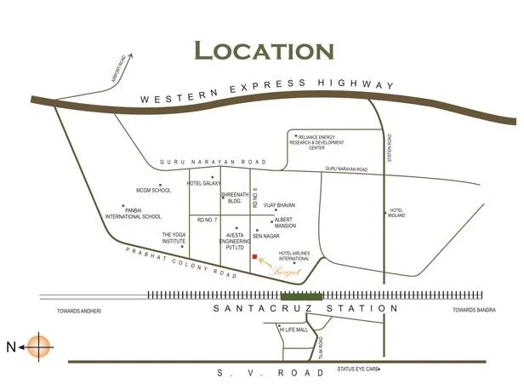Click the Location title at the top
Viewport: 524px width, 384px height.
point(263,49)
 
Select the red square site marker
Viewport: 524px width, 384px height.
point(254,255)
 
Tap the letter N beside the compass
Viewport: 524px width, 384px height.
point(11,347)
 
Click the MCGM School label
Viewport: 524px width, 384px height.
point(154,190)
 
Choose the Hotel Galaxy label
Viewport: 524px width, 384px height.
point(204,183)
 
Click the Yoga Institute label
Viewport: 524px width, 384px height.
point(174,238)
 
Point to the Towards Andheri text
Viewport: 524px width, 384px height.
point(74,311)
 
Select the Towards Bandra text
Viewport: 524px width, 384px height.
point(474,310)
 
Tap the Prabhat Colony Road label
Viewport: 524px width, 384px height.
point(177,261)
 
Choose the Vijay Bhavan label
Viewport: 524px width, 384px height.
point(281,205)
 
